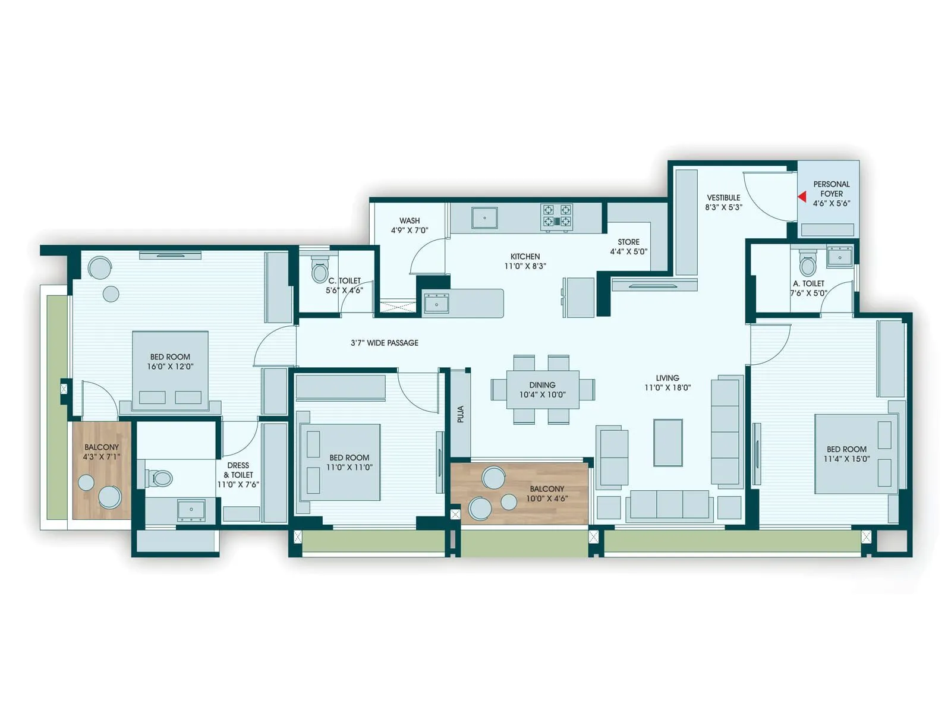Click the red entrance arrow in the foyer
point(802,197)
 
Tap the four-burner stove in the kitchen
point(557,216)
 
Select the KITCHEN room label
point(525,257)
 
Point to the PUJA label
point(461,414)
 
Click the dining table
point(542,389)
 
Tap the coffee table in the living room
point(667,443)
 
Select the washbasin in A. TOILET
point(839,257)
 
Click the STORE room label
point(628,242)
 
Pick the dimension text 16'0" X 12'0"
point(170,367)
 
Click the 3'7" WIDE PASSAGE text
point(384,343)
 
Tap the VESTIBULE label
point(723,197)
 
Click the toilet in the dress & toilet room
point(159,478)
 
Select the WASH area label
point(410,220)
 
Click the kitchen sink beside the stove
point(484,217)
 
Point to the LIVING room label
point(667,378)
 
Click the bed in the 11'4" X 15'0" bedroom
point(856,454)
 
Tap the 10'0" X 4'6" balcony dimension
point(547,499)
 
